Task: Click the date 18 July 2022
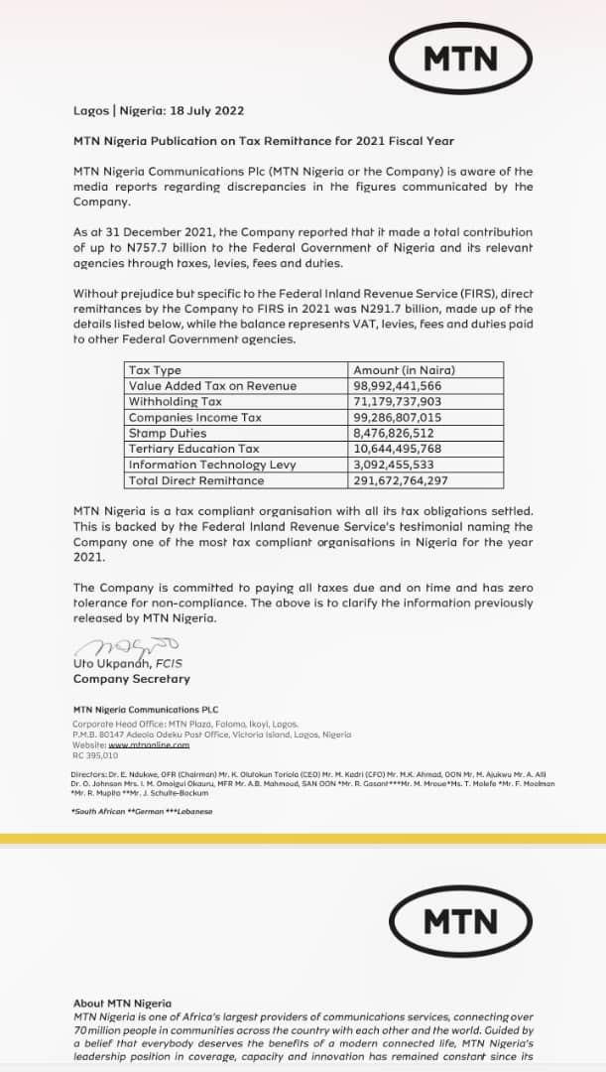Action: pos(202,110)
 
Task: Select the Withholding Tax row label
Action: pos(176,401)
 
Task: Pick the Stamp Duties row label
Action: pos(168,433)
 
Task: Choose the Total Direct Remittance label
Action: pos(196,480)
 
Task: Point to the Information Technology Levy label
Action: pos(211,465)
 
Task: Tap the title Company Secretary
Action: pos(131,679)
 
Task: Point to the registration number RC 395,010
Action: pos(95,754)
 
